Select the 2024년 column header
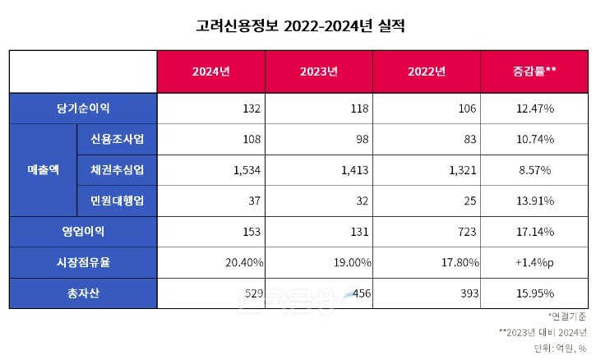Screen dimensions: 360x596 pos(210,72)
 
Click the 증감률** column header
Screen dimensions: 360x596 pos(534,72)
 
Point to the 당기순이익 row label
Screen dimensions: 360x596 pos(83,108)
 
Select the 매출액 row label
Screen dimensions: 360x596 pos(43,170)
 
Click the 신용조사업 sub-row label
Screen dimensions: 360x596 pos(117,139)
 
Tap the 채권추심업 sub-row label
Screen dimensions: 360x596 pos(117,170)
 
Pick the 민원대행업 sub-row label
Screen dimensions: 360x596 pos(117,201)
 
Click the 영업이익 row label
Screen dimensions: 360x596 pos(83,232)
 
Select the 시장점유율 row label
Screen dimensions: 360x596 pos(83,262)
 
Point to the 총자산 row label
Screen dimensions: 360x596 pos(83,293)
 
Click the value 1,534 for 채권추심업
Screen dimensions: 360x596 pos(247,170)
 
